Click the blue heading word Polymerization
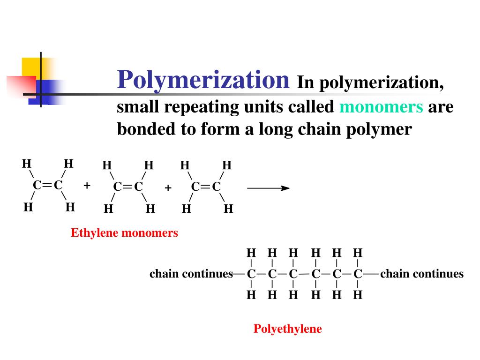coord(203,79)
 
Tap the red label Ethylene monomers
coord(124,233)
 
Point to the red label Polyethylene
coord(288,329)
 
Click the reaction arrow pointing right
coord(268,188)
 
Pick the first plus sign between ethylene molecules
coord(87,186)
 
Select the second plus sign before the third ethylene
coord(168,188)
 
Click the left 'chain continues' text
coord(191,274)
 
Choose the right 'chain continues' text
coord(422,274)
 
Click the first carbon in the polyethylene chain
coord(251,274)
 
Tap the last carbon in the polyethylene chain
coord(358,274)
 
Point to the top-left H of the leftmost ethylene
coord(27,164)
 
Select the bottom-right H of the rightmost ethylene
coord(228,209)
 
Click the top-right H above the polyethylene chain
coord(358,253)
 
